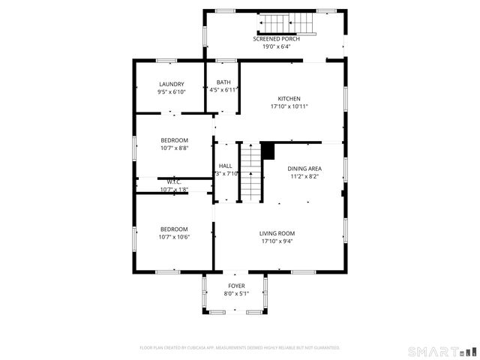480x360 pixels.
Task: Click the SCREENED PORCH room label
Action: (x=281, y=39)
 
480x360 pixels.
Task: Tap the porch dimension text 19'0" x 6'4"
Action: (x=281, y=46)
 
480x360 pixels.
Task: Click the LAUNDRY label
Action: (x=171, y=84)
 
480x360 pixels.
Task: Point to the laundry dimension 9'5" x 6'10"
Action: (x=171, y=91)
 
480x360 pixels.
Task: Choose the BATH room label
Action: (x=223, y=82)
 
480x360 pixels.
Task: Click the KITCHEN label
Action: (x=289, y=99)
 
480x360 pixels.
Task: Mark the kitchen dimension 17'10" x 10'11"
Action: (x=289, y=106)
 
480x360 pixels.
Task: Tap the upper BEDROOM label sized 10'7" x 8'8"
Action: (x=174, y=140)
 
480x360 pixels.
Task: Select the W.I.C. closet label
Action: (x=173, y=181)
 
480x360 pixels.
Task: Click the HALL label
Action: (x=225, y=166)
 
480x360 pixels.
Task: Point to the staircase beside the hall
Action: (x=251, y=172)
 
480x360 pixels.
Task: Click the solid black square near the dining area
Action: (x=268, y=150)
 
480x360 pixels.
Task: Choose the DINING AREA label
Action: (x=304, y=169)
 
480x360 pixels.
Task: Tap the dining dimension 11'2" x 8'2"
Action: (x=304, y=177)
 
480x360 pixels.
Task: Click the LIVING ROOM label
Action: (x=277, y=233)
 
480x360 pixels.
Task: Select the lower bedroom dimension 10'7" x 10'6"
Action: (x=173, y=237)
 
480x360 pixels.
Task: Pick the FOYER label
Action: (x=236, y=286)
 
